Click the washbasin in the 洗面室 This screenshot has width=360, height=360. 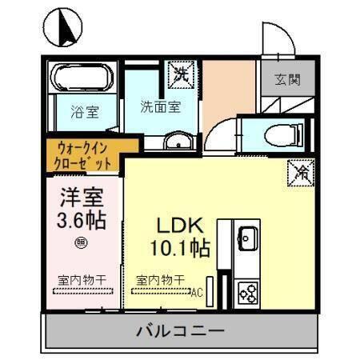(175, 143)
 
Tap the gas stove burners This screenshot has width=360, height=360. (247, 294)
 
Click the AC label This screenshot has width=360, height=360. (196, 293)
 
